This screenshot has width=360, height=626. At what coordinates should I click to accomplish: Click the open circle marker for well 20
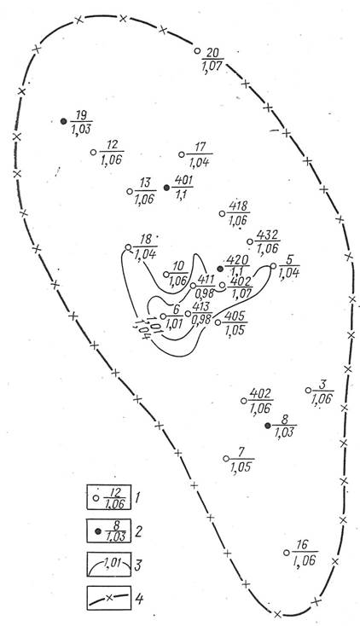click(x=197, y=50)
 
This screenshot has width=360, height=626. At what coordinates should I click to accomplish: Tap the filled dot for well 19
click(x=63, y=121)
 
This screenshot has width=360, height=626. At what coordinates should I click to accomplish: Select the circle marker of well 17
click(x=182, y=154)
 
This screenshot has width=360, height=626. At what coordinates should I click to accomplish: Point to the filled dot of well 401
click(x=166, y=188)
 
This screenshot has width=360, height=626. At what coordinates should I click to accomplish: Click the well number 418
click(x=239, y=206)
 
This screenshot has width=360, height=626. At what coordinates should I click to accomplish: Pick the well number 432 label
click(x=267, y=235)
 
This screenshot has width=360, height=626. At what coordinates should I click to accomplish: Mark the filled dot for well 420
click(x=220, y=270)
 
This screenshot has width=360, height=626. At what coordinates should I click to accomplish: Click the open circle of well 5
click(x=273, y=266)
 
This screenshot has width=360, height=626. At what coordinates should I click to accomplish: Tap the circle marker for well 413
click(x=188, y=313)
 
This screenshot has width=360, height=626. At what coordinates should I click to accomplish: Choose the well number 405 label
click(x=235, y=316)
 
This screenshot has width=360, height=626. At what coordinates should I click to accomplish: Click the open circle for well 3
click(x=308, y=390)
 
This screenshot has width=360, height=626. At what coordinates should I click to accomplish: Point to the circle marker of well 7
click(x=226, y=458)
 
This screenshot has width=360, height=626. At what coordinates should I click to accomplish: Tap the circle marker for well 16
click(x=286, y=553)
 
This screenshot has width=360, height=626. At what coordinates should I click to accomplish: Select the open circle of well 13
click(x=130, y=191)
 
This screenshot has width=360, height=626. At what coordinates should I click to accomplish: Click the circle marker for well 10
click(x=166, y=275)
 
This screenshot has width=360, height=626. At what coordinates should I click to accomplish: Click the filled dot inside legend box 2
click(x=98, y=531)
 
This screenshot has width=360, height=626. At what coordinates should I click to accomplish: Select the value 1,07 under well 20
click(x=212, y=66)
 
